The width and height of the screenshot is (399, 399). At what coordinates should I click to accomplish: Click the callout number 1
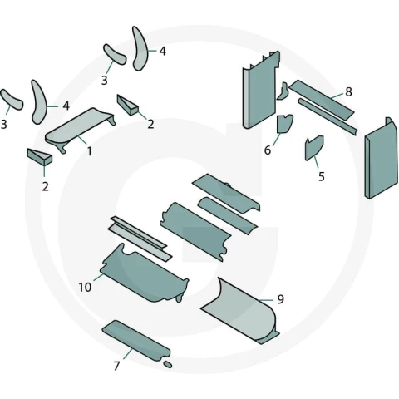pos(89,151)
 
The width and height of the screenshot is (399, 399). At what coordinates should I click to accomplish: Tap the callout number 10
pos(85,287)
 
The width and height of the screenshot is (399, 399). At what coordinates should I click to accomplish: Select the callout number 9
pos(280,299)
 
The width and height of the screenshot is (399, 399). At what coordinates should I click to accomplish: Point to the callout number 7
pos(116,366)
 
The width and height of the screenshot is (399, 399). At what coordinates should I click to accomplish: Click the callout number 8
pos(348,91)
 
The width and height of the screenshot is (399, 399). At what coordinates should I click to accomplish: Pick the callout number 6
pos(268,150)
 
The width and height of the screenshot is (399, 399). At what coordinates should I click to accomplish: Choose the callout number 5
pos(321,176)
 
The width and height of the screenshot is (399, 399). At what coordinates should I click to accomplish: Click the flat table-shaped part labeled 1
pos(81,128)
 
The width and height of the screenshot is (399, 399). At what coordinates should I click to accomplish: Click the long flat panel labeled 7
pos(135,340)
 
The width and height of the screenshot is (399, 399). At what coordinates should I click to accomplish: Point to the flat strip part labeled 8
pos(322,100)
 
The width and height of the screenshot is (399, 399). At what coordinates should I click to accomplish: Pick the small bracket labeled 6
pos(284,124)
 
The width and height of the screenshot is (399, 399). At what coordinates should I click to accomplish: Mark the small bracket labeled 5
pos(313,148)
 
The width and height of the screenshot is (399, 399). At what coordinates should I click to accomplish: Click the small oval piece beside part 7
pos(168,364)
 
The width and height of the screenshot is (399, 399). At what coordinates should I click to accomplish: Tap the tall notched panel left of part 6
pos(259,90)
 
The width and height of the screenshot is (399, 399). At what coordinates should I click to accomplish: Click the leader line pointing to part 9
pos(265,300)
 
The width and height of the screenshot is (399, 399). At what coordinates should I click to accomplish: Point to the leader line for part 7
pos(128,353)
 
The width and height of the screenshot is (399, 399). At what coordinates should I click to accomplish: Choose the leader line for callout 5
pos(316,162)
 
